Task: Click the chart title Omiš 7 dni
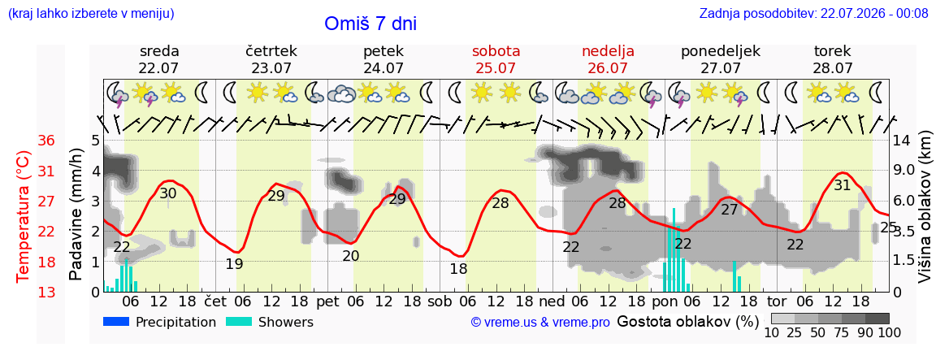tap(370, 24)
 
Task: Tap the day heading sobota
tap(496, 50)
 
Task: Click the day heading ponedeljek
tap(721, 51)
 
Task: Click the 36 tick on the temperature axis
tap(46, 141)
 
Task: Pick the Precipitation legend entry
tap(159, 323)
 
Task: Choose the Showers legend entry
tap(269, 323)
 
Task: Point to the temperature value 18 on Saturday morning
tap(458, 269)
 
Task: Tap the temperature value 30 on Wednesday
tap(167, 193)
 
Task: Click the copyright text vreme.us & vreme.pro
tap(540, 323)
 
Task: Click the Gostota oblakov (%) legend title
tap(687, 322)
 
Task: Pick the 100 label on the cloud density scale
tap(890, 332)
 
